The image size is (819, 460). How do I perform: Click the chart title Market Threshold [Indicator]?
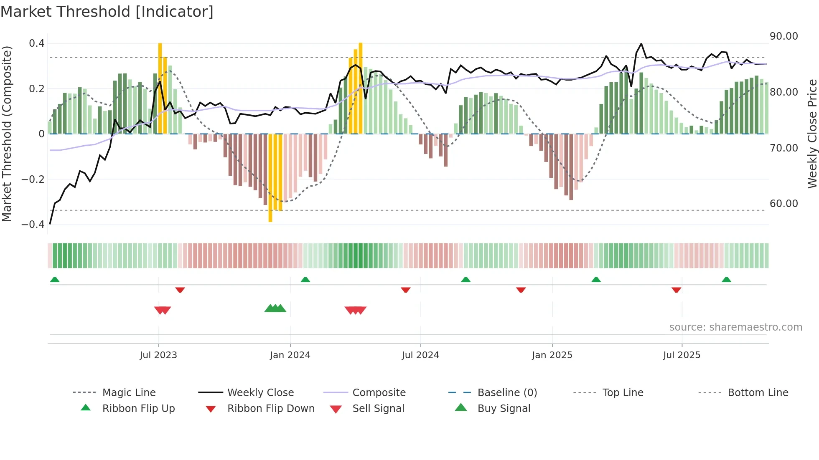(107, 12)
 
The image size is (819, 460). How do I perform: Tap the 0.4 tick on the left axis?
(37, 43)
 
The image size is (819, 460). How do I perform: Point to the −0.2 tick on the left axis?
(33, 179)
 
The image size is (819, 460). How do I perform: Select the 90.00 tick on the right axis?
(783, 36)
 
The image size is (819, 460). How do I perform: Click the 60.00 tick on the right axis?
(783, 204)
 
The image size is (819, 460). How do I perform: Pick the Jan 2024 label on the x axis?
(290, 355)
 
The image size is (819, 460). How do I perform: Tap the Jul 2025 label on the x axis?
(682, 355)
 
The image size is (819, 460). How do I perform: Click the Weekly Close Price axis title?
(812, 134)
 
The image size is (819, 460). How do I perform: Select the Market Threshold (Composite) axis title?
(7, 134)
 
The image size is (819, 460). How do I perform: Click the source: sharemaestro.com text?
(735, 327)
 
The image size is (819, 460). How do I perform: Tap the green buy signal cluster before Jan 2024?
(275, 309)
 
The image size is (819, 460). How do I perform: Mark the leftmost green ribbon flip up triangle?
(55, 280)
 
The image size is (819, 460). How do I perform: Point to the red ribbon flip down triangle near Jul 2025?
(676, 290)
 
